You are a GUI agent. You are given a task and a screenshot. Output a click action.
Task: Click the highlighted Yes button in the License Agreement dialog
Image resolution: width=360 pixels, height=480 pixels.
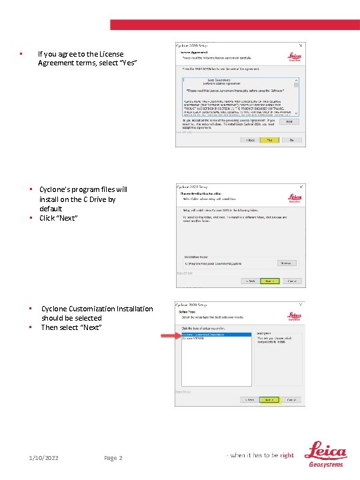click(x=269, y=140)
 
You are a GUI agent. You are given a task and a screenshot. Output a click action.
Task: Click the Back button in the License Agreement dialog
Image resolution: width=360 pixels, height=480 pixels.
click(x=250, y=140)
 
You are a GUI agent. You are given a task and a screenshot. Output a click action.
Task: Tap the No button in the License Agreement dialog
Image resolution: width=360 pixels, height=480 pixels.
click(x=291, y=140)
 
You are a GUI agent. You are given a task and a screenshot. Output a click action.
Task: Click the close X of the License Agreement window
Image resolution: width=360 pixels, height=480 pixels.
click(x=301, y=45)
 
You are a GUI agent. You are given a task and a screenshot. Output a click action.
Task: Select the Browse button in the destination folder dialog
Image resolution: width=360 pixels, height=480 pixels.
click(x=285, y=263)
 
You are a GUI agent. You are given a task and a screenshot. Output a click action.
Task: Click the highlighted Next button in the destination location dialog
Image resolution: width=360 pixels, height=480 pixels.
click(x=269, y=281)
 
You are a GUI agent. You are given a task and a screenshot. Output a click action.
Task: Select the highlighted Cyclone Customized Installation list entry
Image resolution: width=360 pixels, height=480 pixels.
click(x=216, y=335)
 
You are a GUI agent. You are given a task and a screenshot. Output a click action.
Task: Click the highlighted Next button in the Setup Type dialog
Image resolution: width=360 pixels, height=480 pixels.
click(x=269, y=400)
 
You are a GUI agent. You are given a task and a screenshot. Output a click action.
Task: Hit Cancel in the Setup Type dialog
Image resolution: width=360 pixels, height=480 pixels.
click(x=291, y=400)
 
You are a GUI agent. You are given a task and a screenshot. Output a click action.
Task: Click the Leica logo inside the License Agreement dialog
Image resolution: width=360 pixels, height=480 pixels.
click(x=293, y=58)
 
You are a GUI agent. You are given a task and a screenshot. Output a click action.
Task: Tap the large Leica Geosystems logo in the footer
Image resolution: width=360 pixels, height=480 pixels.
click(x=325, y=455)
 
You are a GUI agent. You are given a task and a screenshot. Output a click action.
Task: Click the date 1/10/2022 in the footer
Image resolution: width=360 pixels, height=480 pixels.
click(x=43, y=458)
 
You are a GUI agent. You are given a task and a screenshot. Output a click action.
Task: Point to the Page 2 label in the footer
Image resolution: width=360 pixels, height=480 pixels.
click(x=113, y=458)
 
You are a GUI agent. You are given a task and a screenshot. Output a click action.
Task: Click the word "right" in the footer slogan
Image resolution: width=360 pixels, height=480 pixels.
click(x=287, y=455)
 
